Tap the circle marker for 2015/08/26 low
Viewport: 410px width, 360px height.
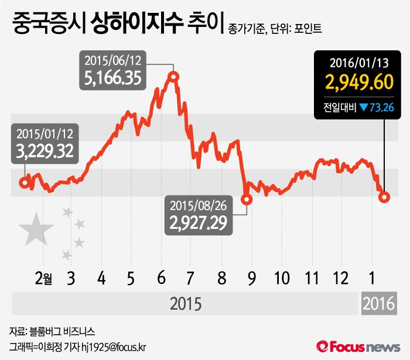pyautogui.click(x=247, y=199)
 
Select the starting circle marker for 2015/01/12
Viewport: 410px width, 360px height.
pyautogui.click(x=24, y=183)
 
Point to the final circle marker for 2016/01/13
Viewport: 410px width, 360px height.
pyautogui.click(x=384, y=197)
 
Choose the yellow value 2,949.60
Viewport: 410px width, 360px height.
pyautogui.click(x=360, y=82)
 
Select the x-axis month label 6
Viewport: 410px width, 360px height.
pyautogui.click(x=159, y=277)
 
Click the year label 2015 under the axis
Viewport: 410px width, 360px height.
pyautogui.click(x=185, y=304)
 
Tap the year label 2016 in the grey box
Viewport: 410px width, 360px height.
pyautogui.click(x=379, y=304)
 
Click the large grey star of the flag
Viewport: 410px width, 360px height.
pyautogui.click(x=36, y=229)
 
